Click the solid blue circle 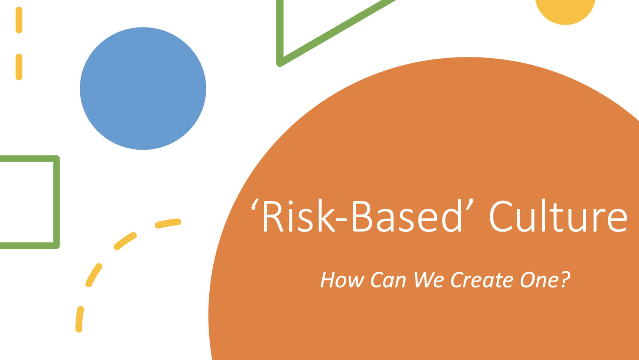143,89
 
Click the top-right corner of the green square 57,158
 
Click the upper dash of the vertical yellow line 19,20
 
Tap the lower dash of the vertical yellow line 19,67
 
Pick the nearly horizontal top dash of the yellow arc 168,223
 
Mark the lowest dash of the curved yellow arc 79,319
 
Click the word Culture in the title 558,216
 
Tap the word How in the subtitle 342,280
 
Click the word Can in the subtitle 388,280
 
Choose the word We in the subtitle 428,280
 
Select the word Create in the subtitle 482,280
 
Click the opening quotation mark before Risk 254,205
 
